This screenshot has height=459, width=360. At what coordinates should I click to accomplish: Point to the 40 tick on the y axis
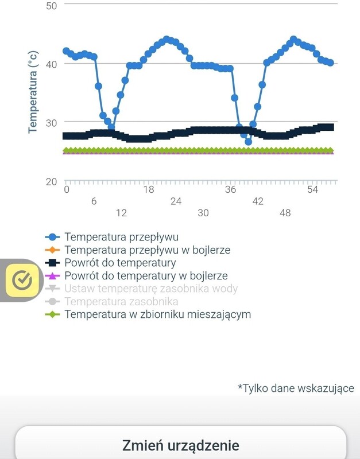51,64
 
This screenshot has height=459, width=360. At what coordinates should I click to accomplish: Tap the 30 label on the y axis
51,123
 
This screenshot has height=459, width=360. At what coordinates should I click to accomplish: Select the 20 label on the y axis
51,182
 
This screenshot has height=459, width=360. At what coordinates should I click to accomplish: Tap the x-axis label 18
149,190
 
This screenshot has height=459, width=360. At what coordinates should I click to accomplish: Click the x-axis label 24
176,201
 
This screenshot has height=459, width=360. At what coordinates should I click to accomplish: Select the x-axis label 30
203,213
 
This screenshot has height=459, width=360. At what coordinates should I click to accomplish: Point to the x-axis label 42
258,201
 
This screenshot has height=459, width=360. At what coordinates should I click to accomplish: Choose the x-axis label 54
312,190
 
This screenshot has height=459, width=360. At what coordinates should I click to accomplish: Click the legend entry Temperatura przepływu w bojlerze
147,250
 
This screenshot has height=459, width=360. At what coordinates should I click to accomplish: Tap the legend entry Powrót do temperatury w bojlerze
146,276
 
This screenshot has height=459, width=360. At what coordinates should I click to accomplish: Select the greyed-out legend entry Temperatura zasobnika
121,301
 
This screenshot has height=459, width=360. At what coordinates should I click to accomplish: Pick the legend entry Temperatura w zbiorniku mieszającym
157,314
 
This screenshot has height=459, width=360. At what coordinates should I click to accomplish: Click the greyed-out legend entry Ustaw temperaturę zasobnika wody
151,289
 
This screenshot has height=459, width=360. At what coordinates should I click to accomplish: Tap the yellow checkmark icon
22,280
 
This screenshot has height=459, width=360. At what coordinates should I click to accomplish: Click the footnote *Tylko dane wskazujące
296,388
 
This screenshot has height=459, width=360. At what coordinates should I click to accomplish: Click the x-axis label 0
67,190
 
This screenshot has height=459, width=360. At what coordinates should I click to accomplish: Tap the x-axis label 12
121,213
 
